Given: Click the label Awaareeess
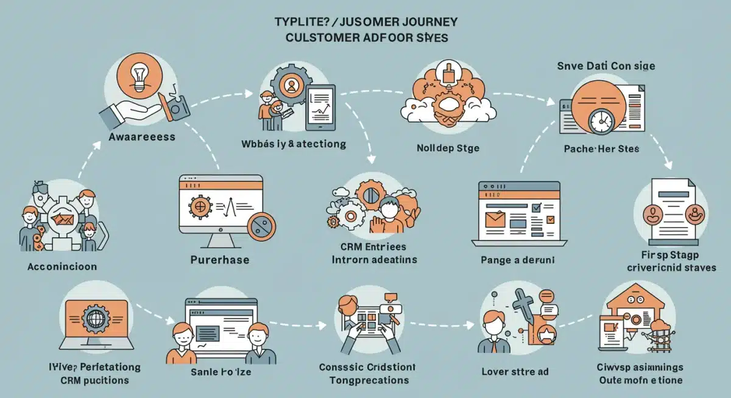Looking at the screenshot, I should [143, 137].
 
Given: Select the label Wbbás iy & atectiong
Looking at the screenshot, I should [294, 144].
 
